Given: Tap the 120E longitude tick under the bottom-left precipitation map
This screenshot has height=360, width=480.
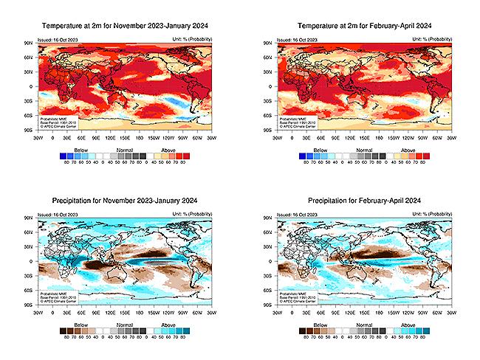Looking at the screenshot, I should (109, 311).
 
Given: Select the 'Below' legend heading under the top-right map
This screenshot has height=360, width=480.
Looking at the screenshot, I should (319, 149).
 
